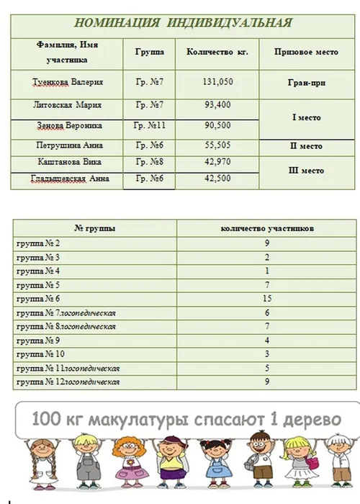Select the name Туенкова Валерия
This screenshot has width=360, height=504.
coord(68,82)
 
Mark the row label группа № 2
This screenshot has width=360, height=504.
coord(42,243)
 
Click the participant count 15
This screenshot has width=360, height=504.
coord(266,298)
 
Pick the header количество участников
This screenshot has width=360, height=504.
coord(266,228)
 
